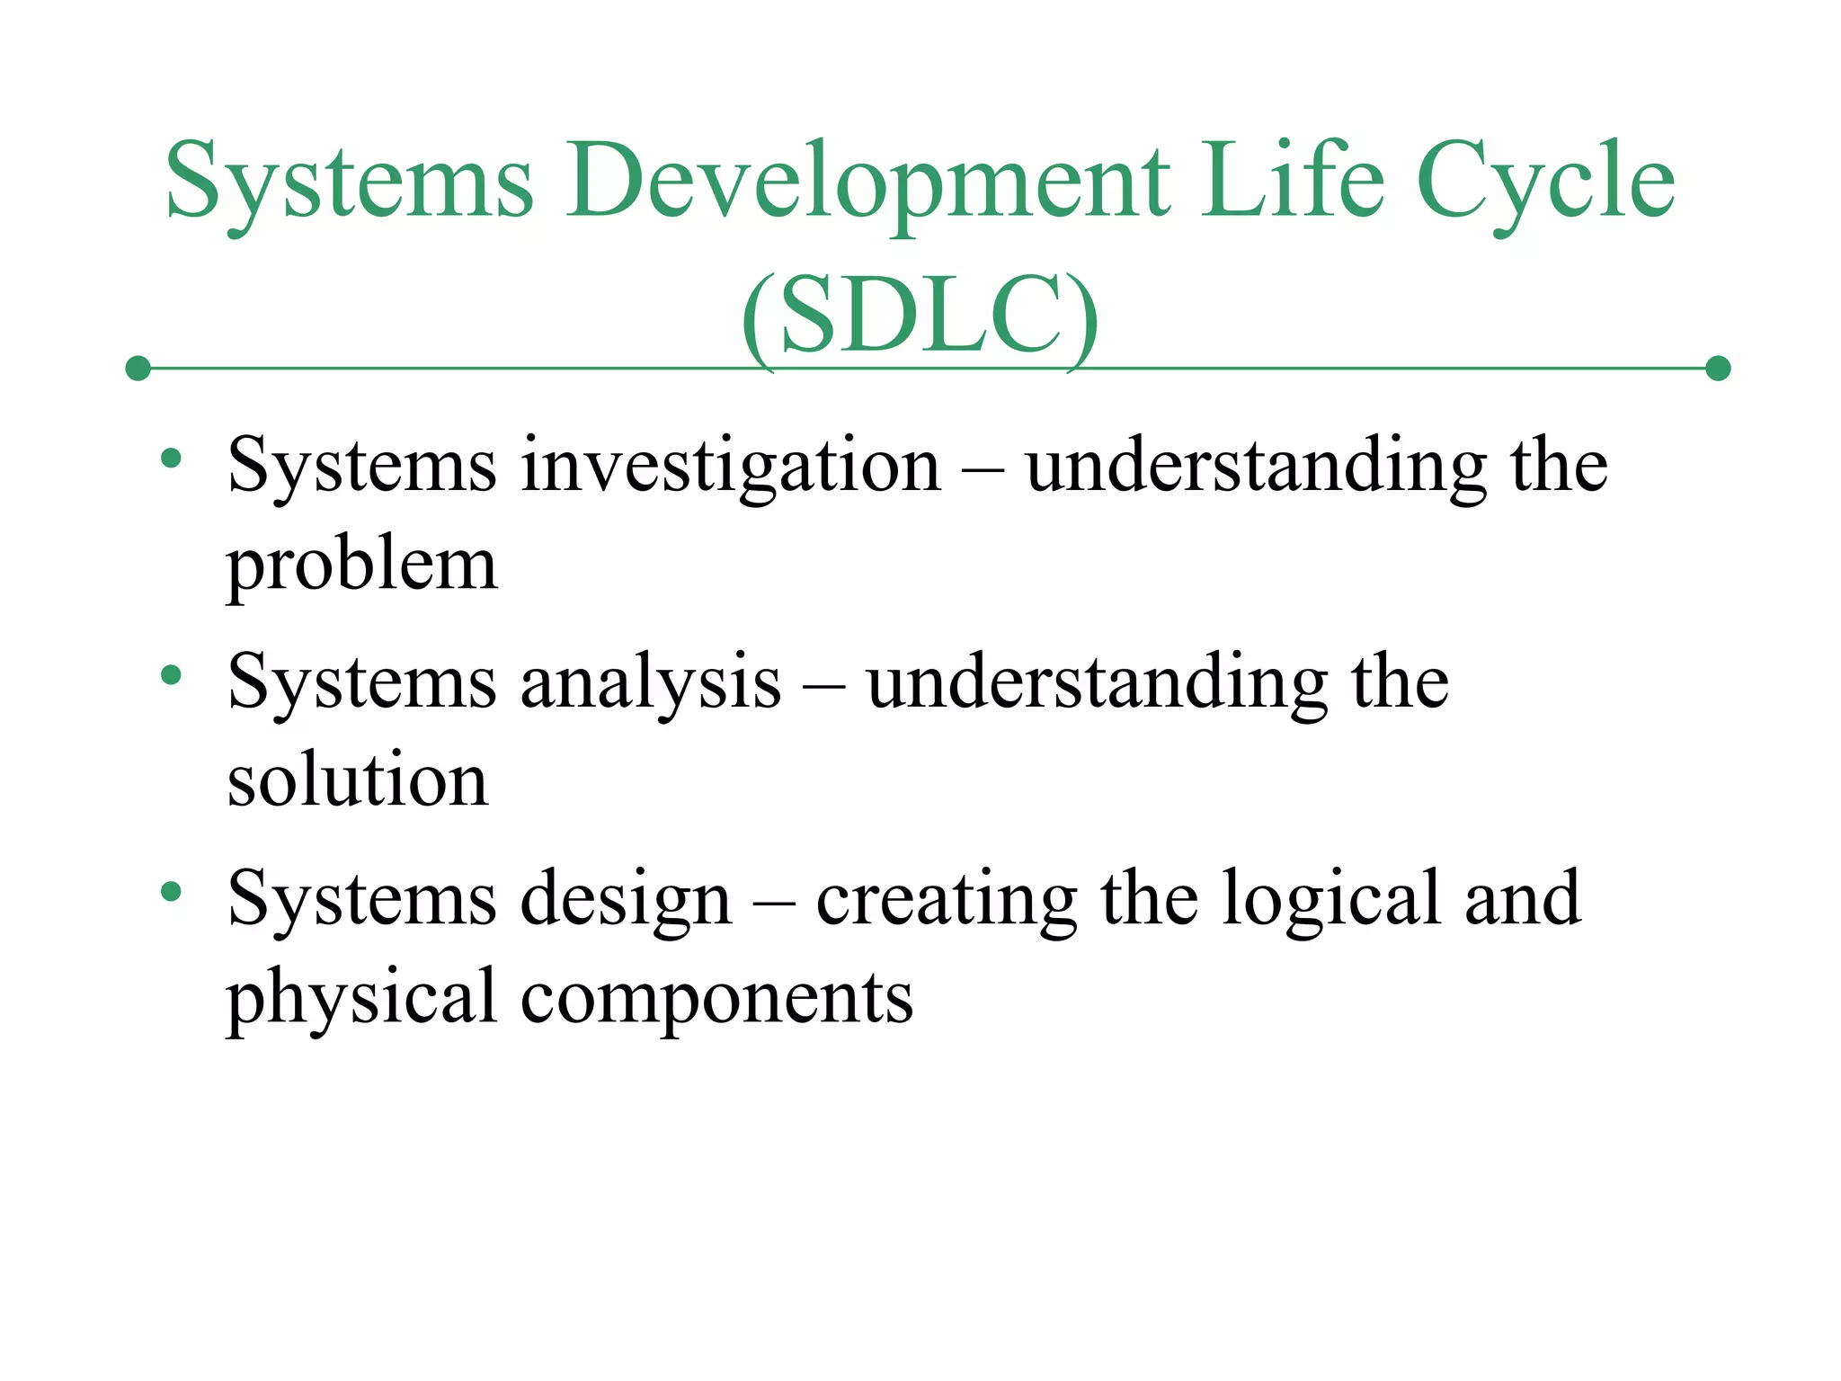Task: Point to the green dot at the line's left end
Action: pos(138,369)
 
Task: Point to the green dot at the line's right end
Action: pos(1717,369)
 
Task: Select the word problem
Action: pos(361,566)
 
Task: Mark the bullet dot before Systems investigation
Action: pos(171,459)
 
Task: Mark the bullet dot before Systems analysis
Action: pos(171,675)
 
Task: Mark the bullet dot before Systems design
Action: pos(171,892)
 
